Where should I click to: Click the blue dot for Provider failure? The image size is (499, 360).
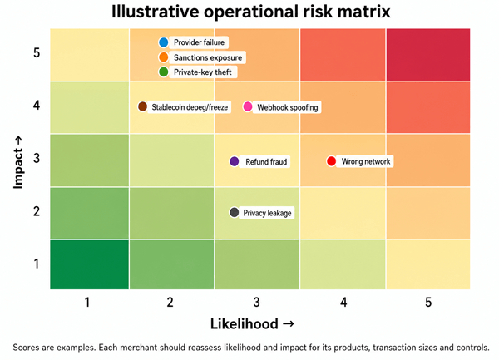click(x=163, y=42)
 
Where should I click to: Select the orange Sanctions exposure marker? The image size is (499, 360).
click(x=163, y=57)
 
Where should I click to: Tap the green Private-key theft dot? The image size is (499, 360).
click(x=163, y=72)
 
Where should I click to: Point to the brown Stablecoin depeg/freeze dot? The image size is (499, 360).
click(x=142, y=106)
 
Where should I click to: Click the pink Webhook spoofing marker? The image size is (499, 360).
click(x=248, y=106)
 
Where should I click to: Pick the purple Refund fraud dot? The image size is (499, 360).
click(x=235, y=161)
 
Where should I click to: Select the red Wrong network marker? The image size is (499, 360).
click(x=331, y=161)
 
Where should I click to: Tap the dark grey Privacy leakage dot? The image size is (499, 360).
click(x=235, y=212)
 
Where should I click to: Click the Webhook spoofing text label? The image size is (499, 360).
click(x=288, y=107)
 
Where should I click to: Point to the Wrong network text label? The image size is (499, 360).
click(x=366, y=161)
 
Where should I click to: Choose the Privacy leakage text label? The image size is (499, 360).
click(x=267, y=213)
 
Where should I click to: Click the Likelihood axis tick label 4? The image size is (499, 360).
click(x=343, y=302)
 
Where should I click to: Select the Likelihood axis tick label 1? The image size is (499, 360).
click(x=87, y=302)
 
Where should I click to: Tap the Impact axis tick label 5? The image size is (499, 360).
click(x=37, y=52)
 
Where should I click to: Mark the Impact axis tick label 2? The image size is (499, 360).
click(x=37, y=211)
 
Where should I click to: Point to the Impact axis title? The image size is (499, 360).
click(x=18, y=162)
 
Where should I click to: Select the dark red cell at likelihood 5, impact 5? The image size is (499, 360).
click(x=428, y=54)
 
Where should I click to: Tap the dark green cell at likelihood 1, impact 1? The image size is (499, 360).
click(x=90, y=264)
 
